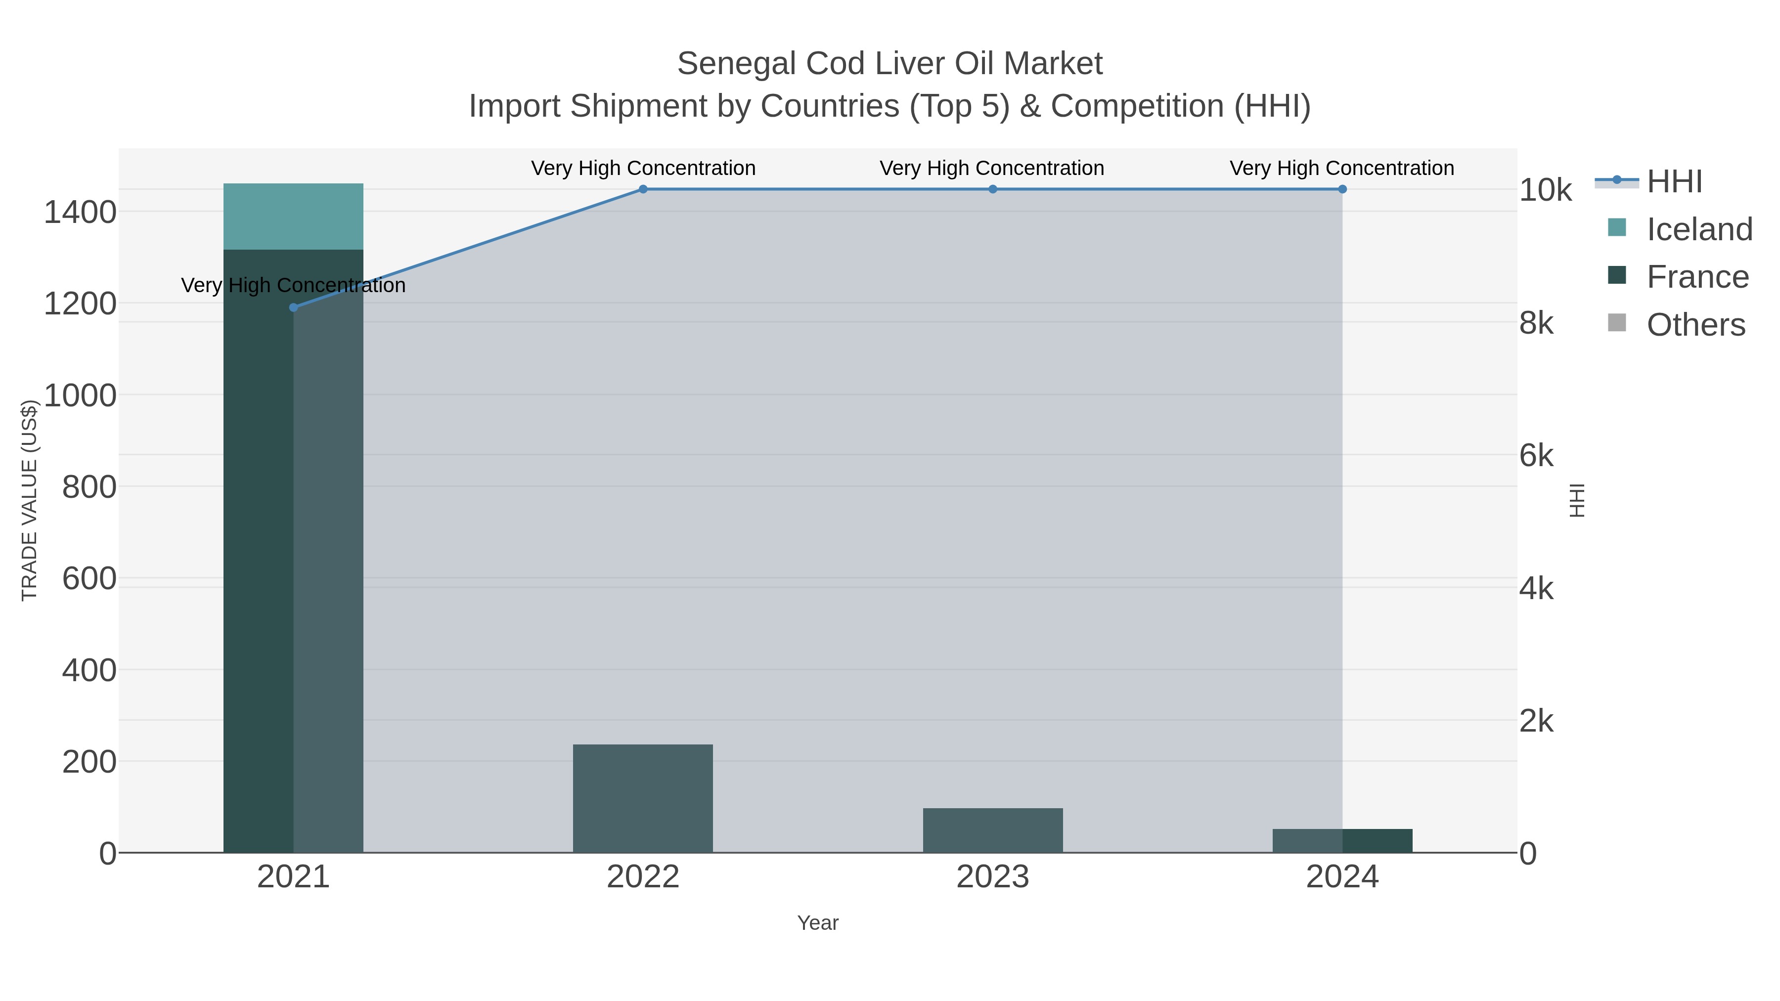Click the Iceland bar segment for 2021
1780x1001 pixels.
tap(293, 216)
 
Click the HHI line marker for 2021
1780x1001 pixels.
tap(293, 307)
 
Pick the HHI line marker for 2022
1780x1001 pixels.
tap(643, 189)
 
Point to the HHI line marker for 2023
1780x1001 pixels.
tap(992, 189)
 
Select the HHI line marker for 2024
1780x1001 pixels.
tap(1342, 189)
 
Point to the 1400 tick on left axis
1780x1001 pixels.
tap(80, 212)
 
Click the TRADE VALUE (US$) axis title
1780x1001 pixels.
tap(29, 500)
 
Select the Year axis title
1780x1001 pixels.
tap(817, 923)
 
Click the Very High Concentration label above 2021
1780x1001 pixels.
tap(293, 285)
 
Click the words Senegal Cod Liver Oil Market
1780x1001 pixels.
tap(890, 64)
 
